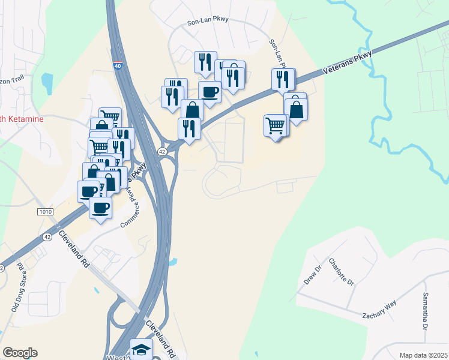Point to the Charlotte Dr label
click(x=342, y=272)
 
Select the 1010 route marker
click(x=46, y=211)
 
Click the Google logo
click(x=20, y=353)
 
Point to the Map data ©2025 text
click(x=423, y=355)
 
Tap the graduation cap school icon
click(x=142, y=349)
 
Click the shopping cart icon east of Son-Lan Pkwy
click(x=276, y=126)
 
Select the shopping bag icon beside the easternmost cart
click(x=296, y=109)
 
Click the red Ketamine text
click(x=22, y=119)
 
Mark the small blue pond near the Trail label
click(x=47, y=80)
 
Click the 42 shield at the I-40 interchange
click(x=163, y=152)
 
